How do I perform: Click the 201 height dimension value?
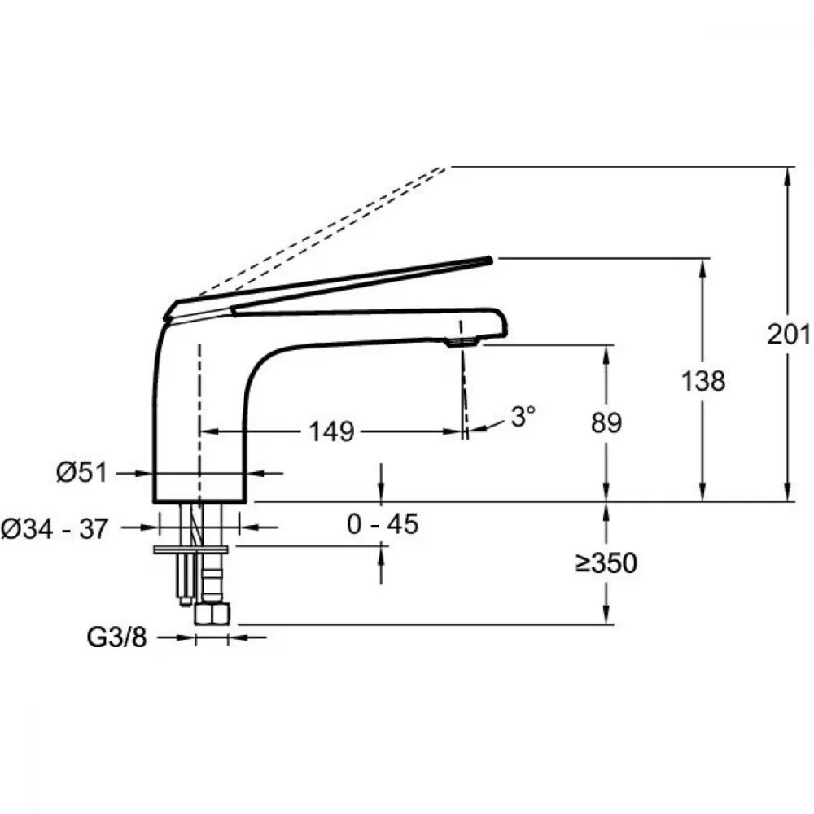(x=789, y=334)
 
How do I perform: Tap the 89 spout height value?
(x=606, y=422)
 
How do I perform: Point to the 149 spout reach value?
(x=332, y=431)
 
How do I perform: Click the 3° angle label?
(x=523, y=416)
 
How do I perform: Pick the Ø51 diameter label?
(x=82, y=472)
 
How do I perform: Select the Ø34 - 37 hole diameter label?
(x=55, y=529)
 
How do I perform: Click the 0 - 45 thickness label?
(x=383, y=523)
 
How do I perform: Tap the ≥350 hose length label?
(x=606, y=562)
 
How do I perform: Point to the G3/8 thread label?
(x=116, y=637)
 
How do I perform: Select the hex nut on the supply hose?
(x=212, y=614)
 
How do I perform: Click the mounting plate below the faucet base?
(x=191, y=549)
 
